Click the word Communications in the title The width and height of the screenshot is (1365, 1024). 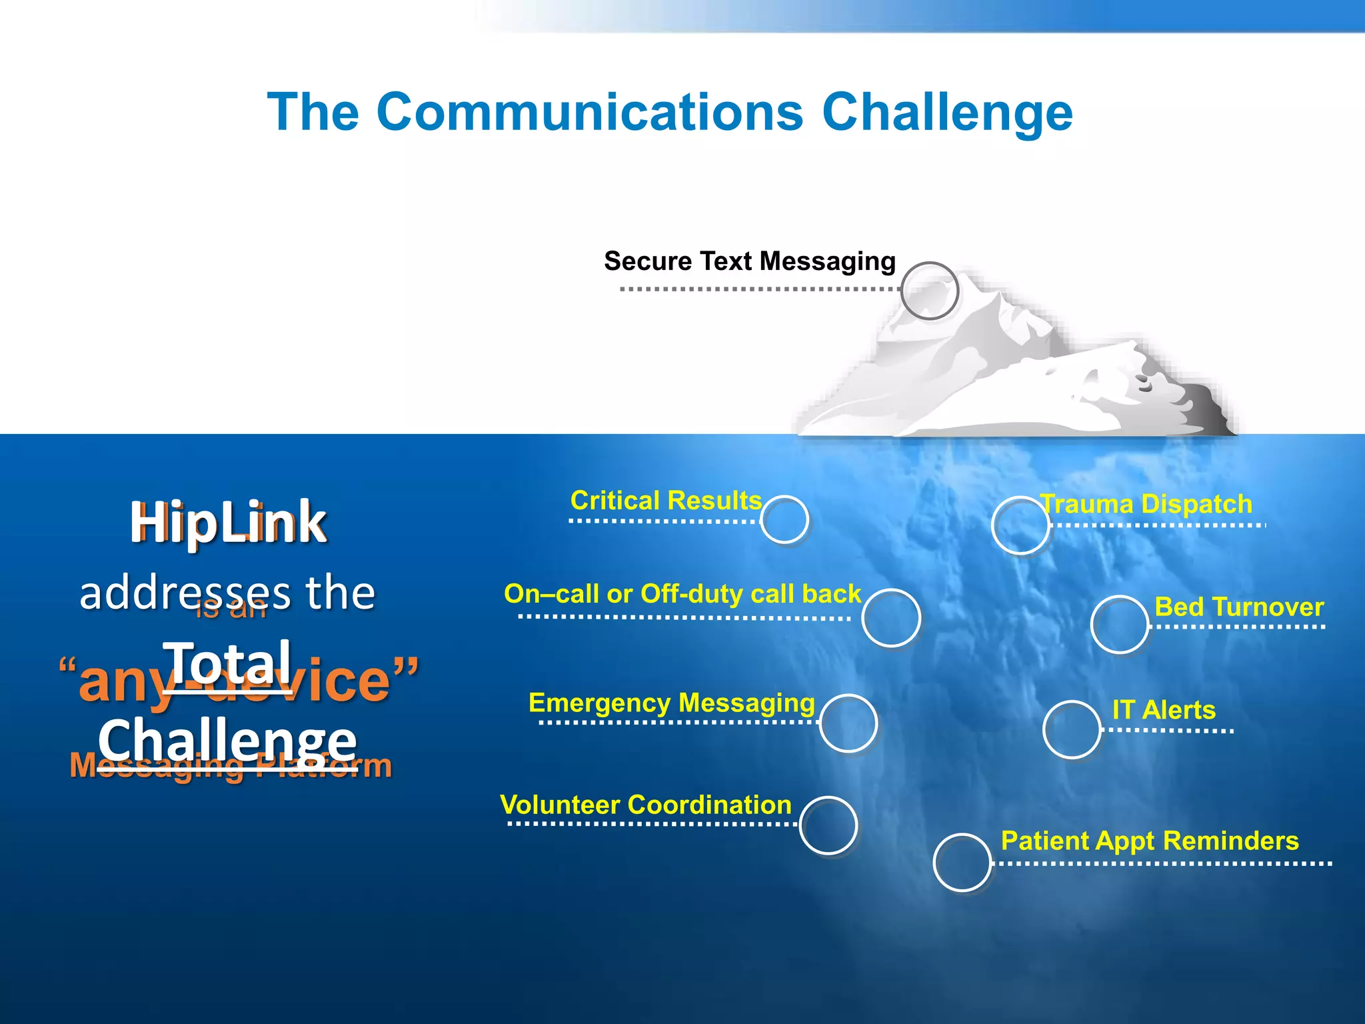coord(589,112)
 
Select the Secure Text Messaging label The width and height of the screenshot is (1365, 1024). coord(749,261)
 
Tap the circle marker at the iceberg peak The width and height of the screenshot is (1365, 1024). coord(930,291)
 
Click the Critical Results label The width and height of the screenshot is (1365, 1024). coord(665,500)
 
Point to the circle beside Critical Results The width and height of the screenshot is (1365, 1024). coord(784,520)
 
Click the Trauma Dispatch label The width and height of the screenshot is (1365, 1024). coord(1146,504)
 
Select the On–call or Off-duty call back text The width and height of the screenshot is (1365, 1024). coord(682,593)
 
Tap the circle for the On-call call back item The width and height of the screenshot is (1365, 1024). coord(891,618)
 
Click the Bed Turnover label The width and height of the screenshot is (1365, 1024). coord(1238,607)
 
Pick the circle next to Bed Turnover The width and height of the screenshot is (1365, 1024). coord(1120,625)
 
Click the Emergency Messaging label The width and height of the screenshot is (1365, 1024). coord(671,703)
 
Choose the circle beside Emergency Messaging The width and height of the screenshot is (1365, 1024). coord(848,723)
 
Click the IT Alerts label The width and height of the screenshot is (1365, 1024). coord(1164,710)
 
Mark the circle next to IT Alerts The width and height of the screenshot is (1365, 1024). coord(1071,729)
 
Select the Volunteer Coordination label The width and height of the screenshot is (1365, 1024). coord(645,805)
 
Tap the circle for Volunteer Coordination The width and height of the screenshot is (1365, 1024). coord(828,825)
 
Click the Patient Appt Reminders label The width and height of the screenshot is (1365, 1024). coord(1150,841)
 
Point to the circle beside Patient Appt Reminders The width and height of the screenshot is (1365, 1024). coord(962,863)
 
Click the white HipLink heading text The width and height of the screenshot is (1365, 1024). coord(228,523)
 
